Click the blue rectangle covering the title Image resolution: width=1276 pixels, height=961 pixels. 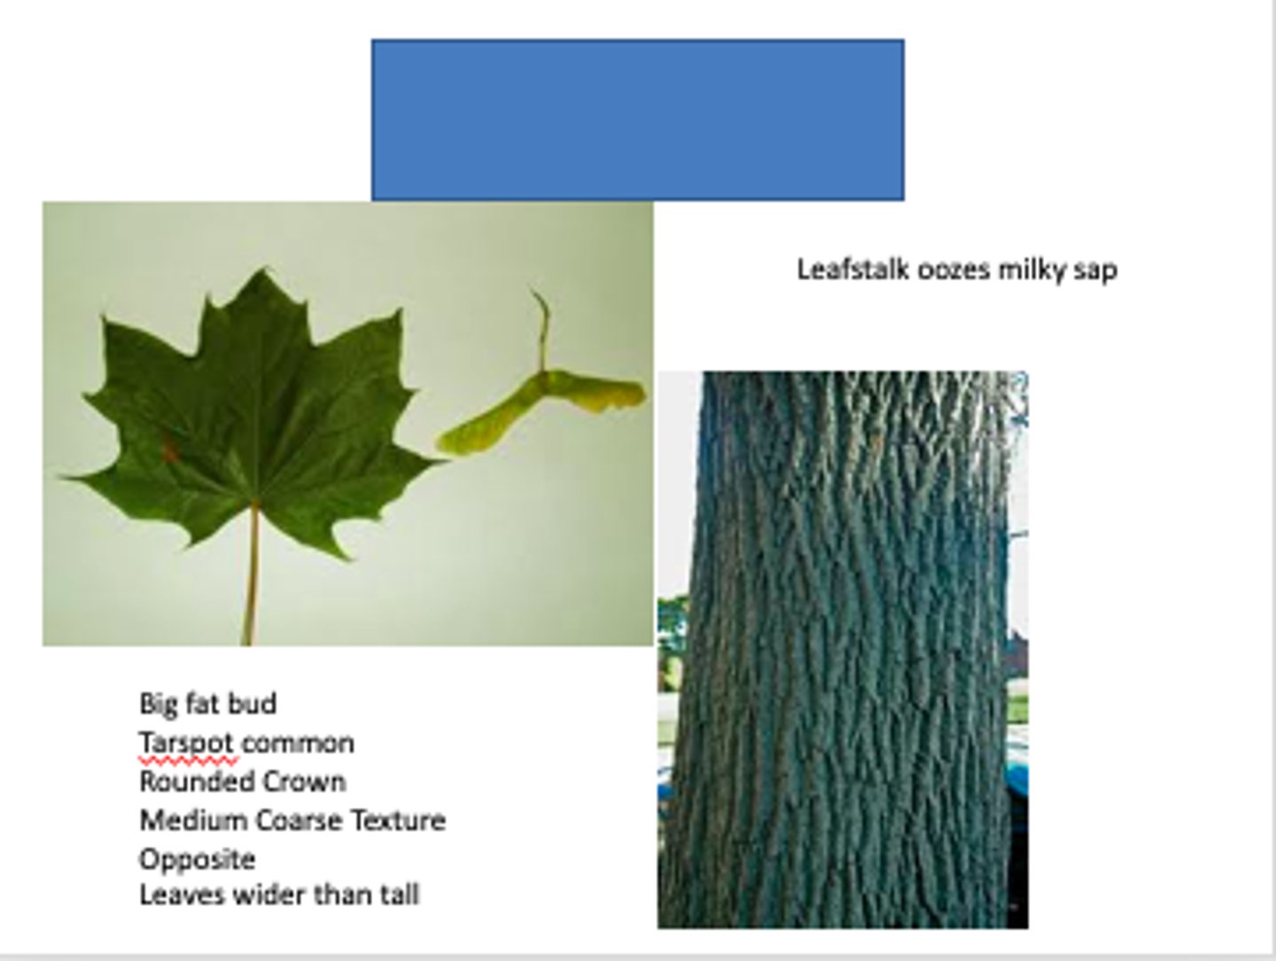tap(637, 120)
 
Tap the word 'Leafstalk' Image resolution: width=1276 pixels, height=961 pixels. tap(853, 270)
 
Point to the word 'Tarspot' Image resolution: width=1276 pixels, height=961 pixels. tap(186, 743)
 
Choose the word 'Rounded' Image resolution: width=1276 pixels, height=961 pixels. tap(190, 782)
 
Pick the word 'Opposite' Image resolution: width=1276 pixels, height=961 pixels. tap(198, 860)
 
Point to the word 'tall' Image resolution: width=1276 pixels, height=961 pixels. tap(400, 895)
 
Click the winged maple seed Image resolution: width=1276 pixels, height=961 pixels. tap(541, 408)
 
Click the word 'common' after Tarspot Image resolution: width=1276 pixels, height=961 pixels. tap(298, 743)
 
